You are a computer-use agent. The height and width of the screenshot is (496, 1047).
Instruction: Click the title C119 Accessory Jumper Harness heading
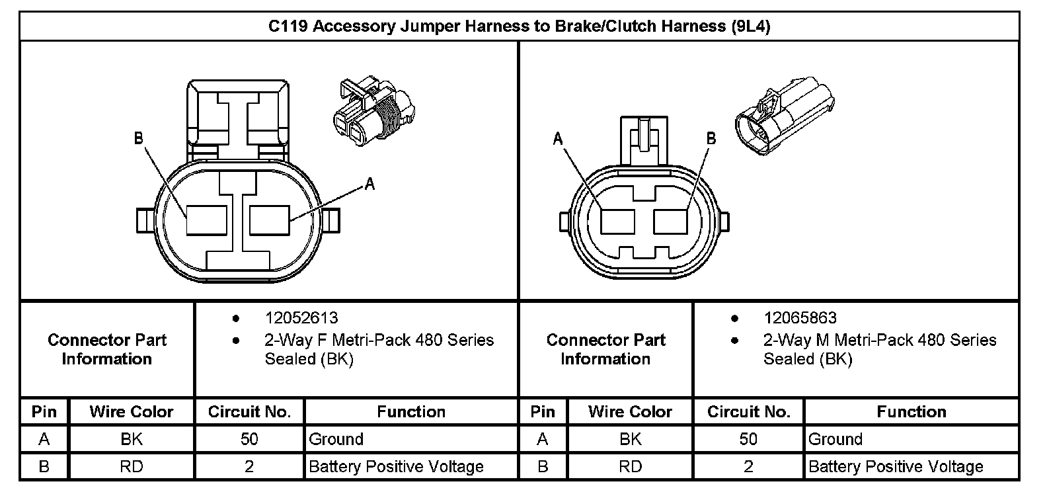pos(519,26)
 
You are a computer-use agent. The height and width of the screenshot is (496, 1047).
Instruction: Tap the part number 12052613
pos(301,318)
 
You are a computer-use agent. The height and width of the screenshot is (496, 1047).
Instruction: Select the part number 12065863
pos(800,318)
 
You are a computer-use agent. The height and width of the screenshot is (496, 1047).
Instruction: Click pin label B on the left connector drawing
pos(139,138)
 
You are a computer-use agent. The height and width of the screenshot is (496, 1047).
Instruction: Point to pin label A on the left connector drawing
pos(370,184)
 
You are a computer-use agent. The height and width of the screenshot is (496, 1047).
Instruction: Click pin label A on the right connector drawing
pos(558,138)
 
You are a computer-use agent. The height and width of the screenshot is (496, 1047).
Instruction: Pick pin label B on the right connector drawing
pos(711,138)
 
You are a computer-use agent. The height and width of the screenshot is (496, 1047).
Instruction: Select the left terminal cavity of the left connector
pos(206,220)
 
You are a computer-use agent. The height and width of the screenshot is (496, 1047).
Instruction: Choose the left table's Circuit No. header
pos(249,412)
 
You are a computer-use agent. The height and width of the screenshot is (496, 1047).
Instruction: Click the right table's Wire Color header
pos(630,412)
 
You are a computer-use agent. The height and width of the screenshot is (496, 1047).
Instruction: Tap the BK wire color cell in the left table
pos(131,439)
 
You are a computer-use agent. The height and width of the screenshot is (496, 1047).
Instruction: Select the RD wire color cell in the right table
pos(630,466)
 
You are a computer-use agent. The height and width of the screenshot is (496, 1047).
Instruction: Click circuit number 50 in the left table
pos(249,439)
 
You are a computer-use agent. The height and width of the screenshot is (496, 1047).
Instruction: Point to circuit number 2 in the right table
pos(748,466)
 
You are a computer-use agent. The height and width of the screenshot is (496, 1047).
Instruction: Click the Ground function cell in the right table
pos(835,439)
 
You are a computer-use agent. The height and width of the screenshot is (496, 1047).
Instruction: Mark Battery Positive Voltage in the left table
pos(397,466)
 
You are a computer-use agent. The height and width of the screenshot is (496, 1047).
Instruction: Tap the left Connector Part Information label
pos(107,349)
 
